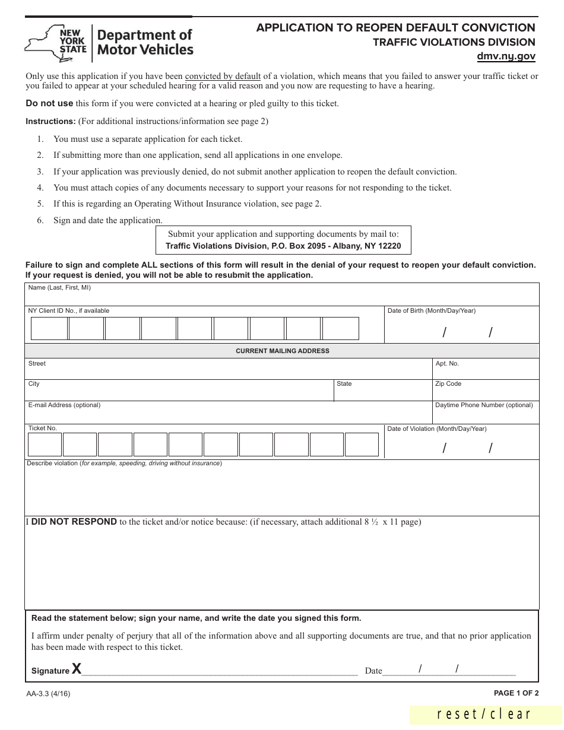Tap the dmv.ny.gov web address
506,57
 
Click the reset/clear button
484,715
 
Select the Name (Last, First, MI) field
282,294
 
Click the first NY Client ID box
49,328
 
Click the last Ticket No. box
362,445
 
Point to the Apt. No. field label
447,363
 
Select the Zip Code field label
448,383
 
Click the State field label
344,383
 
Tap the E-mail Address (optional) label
64,405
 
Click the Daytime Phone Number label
484,405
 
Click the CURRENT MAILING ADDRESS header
282,351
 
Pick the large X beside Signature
77,669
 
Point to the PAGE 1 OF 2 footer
516,693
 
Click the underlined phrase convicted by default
223,76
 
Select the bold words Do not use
49,103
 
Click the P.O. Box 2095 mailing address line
283,246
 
